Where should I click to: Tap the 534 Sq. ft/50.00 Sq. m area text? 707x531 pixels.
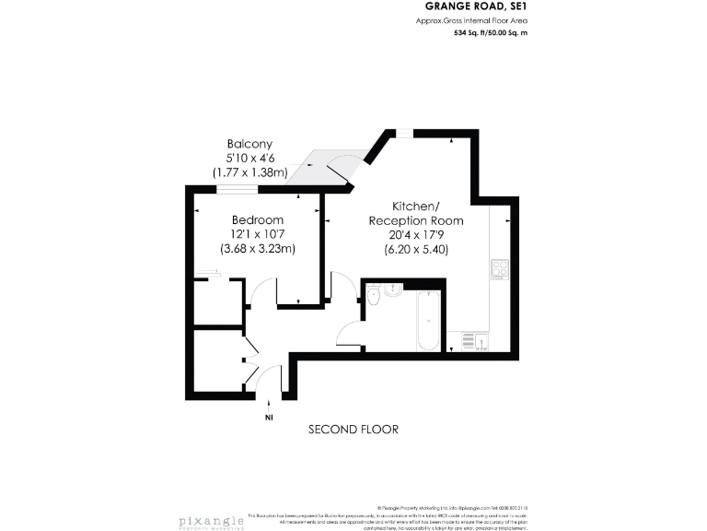click(491, 33)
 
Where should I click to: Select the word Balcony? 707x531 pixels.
click(249, 144)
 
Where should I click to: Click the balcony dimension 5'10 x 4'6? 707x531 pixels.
click(249, 158)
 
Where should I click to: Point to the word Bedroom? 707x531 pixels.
click(258, 220)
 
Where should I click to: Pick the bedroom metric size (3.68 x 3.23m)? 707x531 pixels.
click(258, 248)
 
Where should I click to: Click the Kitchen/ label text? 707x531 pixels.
click(415, 206)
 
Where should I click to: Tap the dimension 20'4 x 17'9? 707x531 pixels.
click(415, 234)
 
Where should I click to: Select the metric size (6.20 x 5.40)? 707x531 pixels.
click(415, 248)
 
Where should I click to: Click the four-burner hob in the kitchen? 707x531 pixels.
click(501, 270)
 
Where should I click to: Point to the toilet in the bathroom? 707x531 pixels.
click(373, 296)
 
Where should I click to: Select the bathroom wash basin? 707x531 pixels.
click(393, 289)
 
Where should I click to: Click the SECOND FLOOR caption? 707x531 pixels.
click(353, 430)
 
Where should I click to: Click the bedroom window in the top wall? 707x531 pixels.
click(237, 189)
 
